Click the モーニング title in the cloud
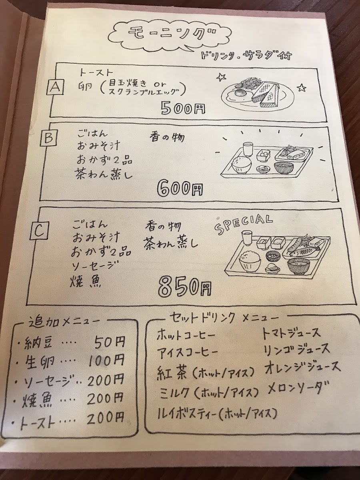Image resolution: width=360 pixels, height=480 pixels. click(172, 33)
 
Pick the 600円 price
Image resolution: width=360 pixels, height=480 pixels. click(180, 189)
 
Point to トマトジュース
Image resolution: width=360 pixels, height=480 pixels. click(291, 333)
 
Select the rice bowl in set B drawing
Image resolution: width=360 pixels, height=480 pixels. click(240, 166)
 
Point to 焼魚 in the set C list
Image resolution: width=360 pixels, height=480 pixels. click(86, 282)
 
